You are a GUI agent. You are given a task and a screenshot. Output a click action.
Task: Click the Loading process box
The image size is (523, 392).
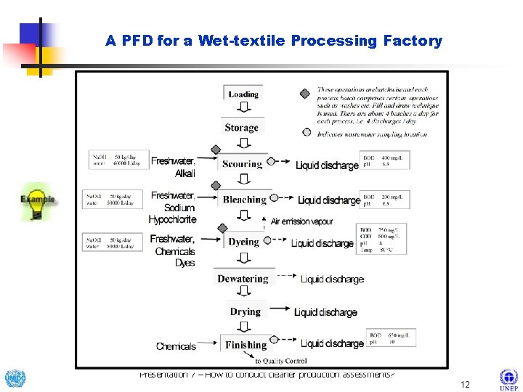pos(243,94)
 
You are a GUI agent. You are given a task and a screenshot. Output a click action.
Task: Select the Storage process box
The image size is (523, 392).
pos(242,128)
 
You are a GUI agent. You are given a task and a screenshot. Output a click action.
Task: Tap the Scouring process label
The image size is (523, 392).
pos(242,164)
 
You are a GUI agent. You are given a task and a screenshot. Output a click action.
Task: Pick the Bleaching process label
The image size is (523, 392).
pos(244,200)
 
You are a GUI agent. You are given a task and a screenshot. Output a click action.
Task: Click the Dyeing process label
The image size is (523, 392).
pos(243,242)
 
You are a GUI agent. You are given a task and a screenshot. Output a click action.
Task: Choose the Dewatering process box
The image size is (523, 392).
pos(243,279)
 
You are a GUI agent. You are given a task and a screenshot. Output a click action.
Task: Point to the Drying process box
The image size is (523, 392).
pos(245,312)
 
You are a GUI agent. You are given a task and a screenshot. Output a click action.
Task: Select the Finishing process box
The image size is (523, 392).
pos(246,345)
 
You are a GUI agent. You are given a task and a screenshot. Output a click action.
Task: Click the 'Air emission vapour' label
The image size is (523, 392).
pos(301,221)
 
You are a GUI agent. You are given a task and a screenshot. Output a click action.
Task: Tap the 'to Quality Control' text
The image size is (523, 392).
pos(280,361)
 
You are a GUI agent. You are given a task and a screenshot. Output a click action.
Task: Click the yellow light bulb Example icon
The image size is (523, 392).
pos(36,203)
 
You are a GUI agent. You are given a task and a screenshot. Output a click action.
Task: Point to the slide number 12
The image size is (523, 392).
pos(466,383)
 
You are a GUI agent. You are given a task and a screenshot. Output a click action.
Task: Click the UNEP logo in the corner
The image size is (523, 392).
pos(508,380)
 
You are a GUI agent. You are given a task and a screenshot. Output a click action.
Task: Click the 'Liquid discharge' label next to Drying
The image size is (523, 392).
pos(325,312)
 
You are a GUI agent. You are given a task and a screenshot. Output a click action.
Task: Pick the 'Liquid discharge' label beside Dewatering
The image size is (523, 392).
pos(332,279)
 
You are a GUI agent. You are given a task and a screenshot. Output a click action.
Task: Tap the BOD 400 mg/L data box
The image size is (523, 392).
pos(385,160)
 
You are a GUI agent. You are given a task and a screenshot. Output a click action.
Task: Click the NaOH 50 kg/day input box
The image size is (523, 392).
pos(115,160)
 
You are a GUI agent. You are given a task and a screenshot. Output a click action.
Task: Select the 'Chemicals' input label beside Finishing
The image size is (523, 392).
pos(176,346)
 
